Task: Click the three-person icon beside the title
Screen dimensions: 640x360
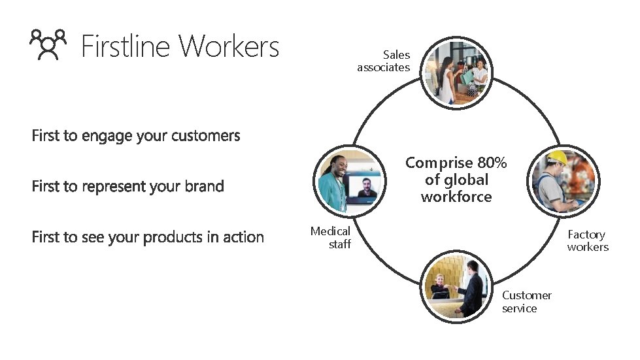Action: [x=48, y=45]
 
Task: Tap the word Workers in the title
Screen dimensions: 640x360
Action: [x=229, y=46]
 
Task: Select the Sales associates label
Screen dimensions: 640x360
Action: [x=384, y=61]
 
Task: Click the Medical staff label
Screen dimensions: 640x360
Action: [x=331, y=238]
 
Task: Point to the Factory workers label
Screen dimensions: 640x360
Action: [x=587, y=240]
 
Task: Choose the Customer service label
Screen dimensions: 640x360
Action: [x=526, y=302]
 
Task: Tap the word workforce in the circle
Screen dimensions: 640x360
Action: [x=456, y=197]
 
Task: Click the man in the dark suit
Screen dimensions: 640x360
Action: [x=473, y=287]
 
